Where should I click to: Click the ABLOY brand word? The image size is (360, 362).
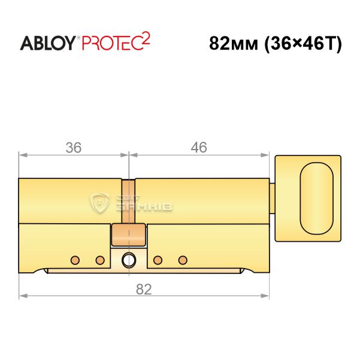[48, 43]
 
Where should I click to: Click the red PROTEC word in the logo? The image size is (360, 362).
[113, 43]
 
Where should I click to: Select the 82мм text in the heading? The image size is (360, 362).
[234, 44]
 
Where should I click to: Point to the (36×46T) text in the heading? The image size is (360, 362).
[303, 44]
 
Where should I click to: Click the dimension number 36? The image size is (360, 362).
[74, 148]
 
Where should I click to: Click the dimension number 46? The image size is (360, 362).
[199, 148]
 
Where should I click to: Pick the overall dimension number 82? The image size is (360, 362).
[144, 289]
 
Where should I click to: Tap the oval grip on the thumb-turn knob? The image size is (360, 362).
[317, 199]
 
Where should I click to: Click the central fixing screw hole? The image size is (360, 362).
[129, 260]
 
